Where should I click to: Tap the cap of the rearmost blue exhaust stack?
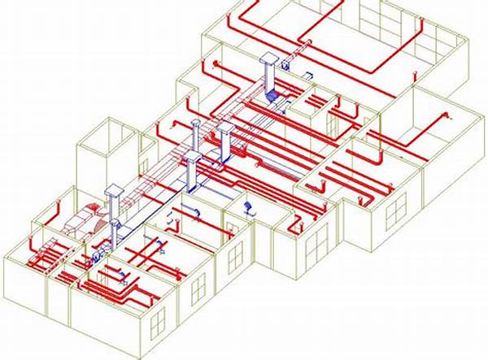(268, 58)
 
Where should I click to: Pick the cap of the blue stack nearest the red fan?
(115, 193)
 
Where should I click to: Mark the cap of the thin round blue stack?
(196, 123)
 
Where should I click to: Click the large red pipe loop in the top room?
(342, 41)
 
